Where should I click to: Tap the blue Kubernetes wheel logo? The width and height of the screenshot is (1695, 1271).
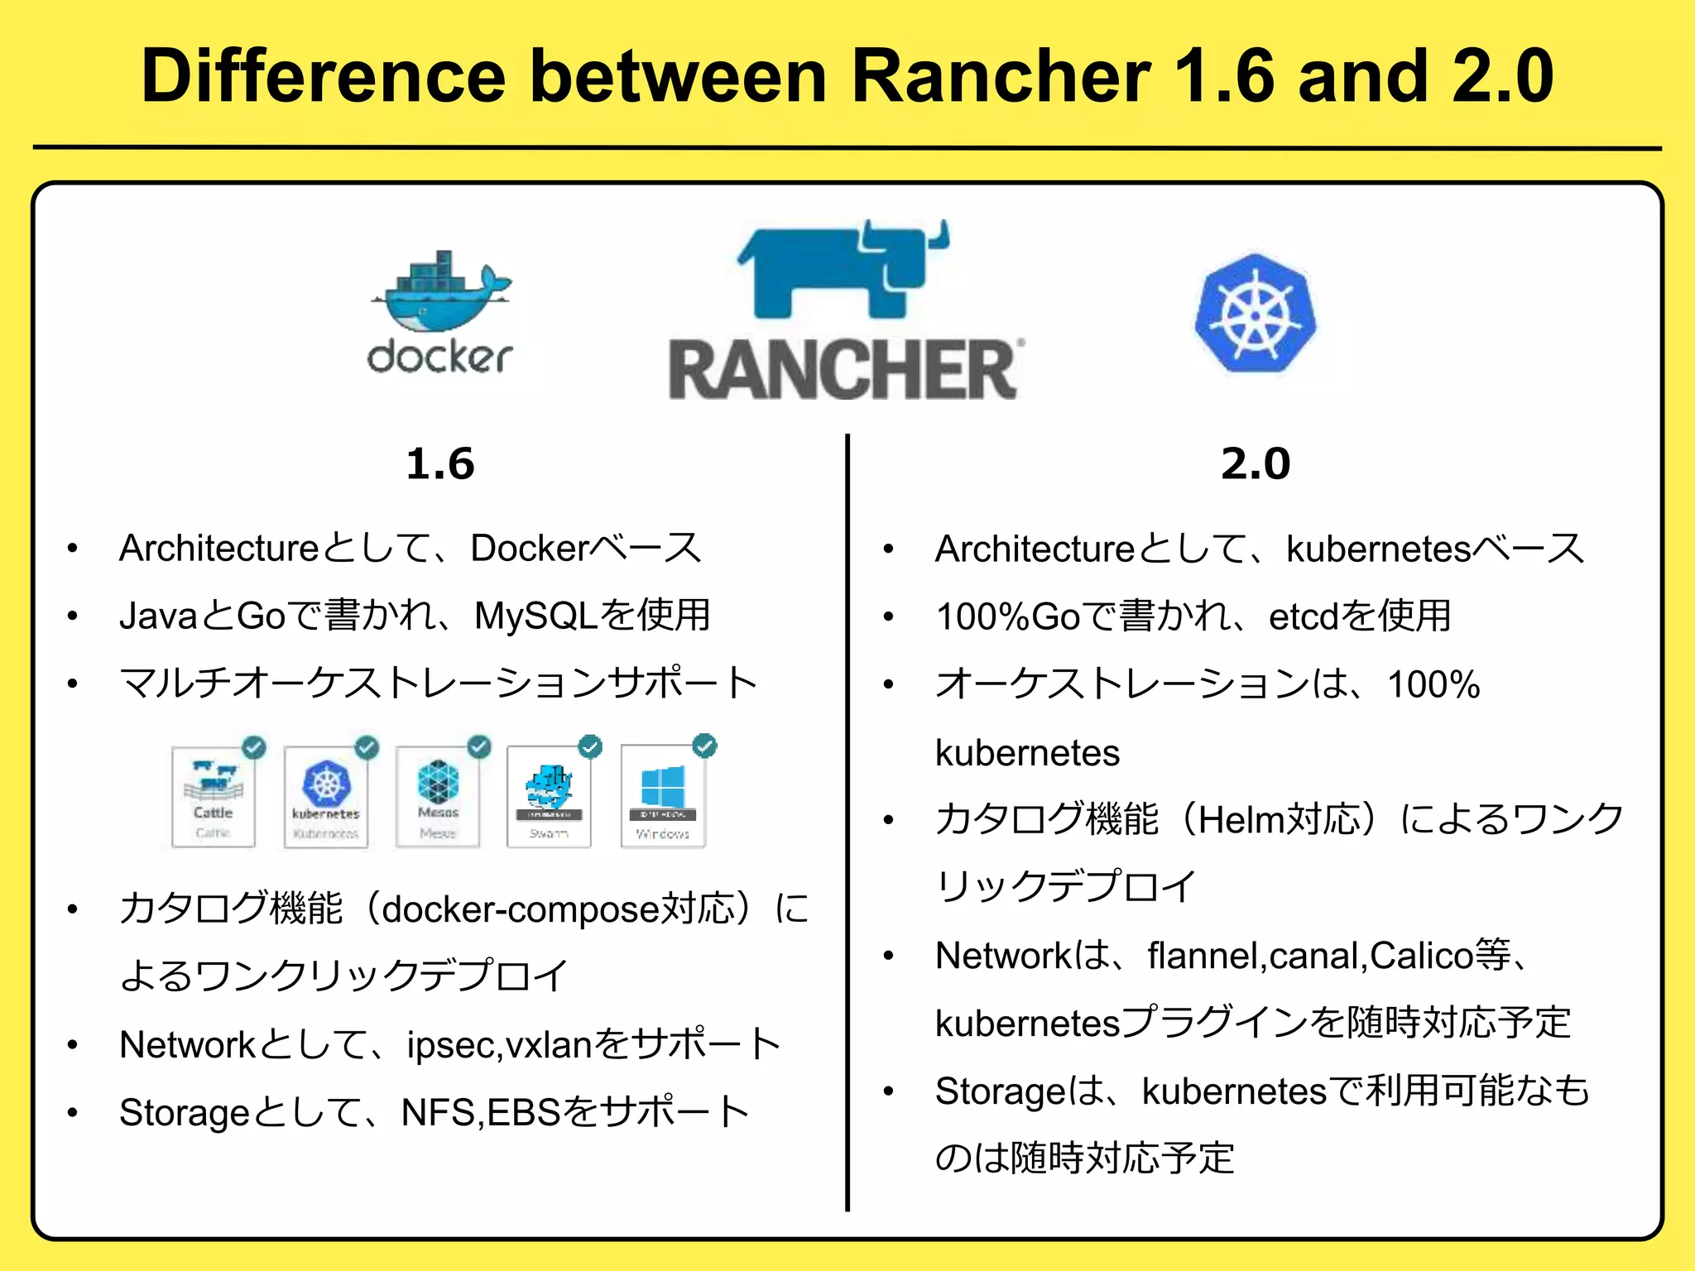point(1256,314)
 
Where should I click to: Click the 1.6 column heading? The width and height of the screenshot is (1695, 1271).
point(440,463)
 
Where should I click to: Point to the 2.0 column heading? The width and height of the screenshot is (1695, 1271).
point(1256,463)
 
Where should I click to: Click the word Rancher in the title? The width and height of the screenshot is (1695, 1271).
point(1001,76)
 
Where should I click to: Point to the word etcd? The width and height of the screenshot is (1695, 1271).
point(1303,616)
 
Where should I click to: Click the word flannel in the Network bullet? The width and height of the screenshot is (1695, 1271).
point(1203,956)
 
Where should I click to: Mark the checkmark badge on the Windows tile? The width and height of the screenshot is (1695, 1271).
point(704,746)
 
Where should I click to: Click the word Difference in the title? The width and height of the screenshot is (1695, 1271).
point(323,76)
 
